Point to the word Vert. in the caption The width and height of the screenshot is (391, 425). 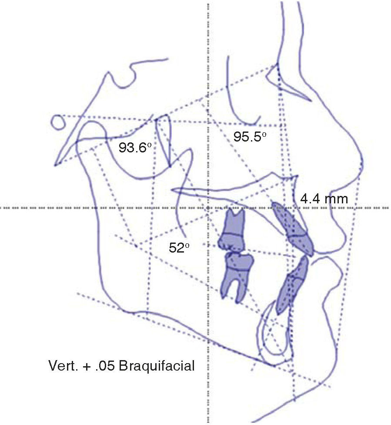click(62, 365)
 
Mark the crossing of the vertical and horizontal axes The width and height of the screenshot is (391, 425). click(209, 208)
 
